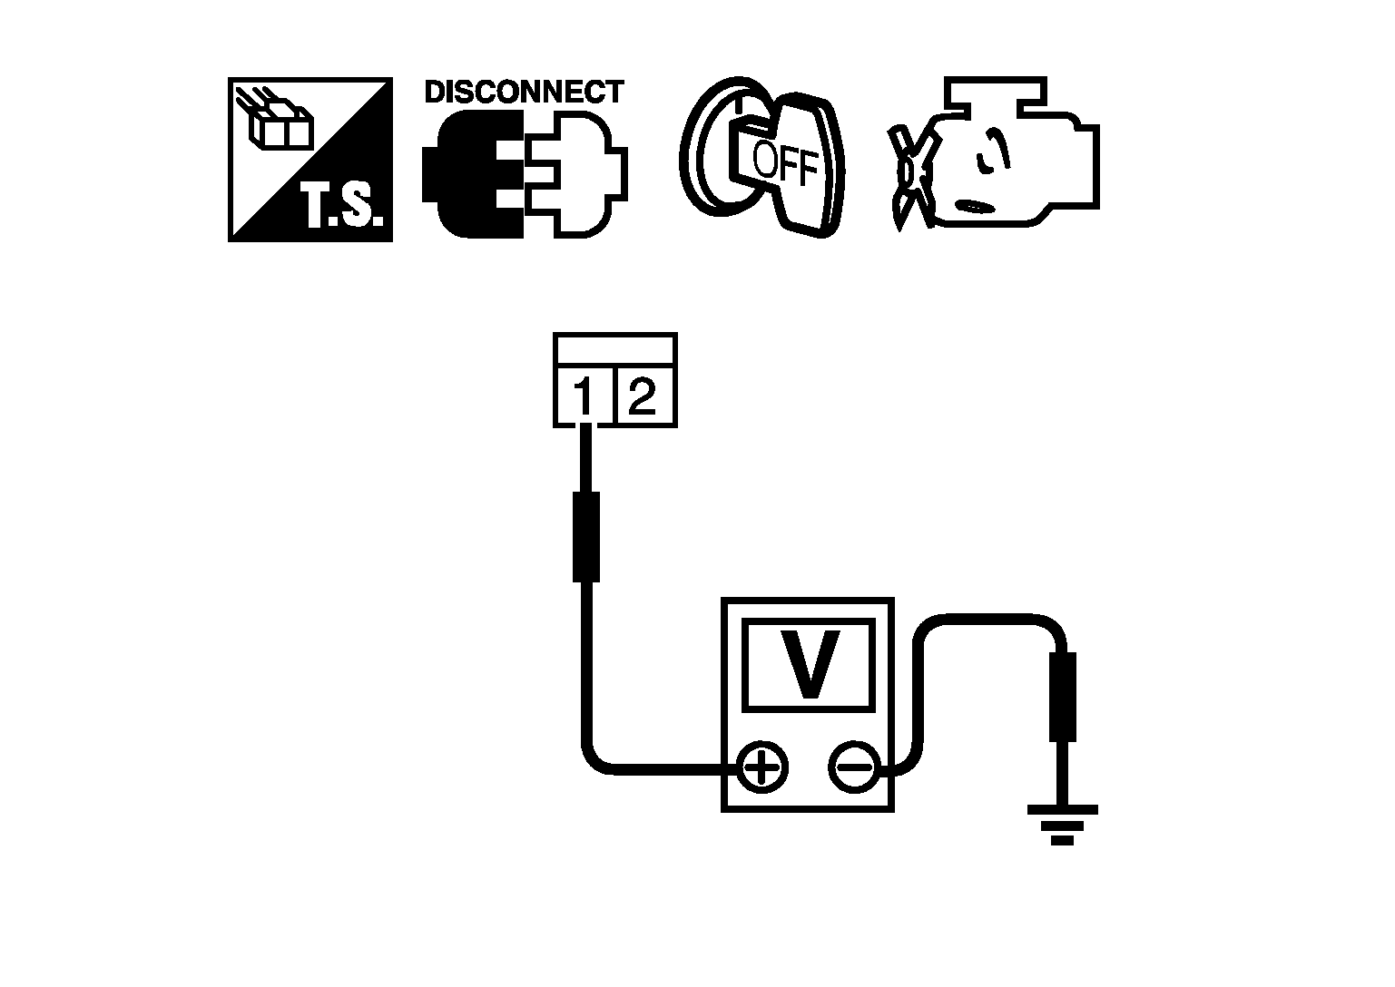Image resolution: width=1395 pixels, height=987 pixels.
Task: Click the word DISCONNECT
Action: [524, 92]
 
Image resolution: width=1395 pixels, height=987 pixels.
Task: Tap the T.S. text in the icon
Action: [342, 208]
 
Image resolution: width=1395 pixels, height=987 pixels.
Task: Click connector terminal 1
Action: [584, 396]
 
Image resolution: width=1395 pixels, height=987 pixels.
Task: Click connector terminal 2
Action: [643, 396]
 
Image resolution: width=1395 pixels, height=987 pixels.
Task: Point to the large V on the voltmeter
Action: [809, 664]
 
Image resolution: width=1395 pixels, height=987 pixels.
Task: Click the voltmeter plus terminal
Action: [763, 769]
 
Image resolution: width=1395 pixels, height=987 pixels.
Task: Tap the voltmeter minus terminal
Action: [852, 769]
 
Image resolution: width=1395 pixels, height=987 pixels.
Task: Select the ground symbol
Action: [1062, 823]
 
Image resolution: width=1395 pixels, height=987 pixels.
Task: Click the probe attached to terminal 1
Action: [586, 536]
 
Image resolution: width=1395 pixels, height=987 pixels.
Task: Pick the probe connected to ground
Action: [1062, 697]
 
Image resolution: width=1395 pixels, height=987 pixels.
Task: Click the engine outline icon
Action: [1017, 154]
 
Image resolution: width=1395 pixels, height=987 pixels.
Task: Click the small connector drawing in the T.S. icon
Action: [276, 122]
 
